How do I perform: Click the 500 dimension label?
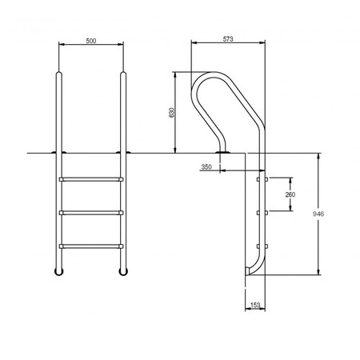(x=91, y=41)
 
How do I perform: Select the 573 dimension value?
(x=228, y=39)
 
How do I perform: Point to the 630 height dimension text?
(x=171, y=113)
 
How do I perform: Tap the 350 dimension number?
(x=206, y=167)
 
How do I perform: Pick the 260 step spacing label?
(x=290, y=194)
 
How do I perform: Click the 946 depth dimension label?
(x=318, y=214)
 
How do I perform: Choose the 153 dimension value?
(x=255, y=305)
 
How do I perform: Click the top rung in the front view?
(x=91, y=179)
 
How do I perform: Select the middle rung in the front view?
(x=91, y=213)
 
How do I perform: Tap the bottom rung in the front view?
(x=91, y=246)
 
